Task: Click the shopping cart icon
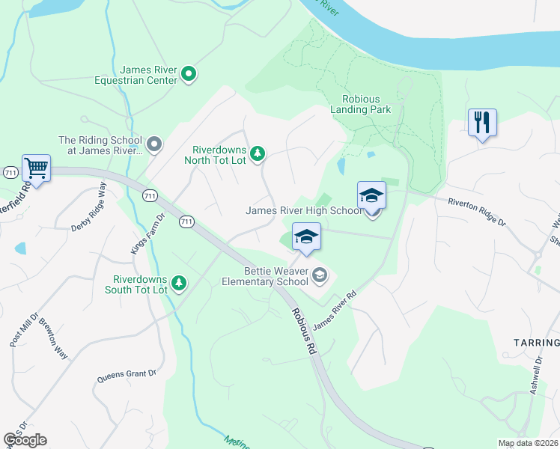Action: click(x=36, y=168)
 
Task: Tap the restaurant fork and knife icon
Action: click(x=482, y=122)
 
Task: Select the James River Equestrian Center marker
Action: click(x=189, y=73)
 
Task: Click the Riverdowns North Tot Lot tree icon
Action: click(x=258, y=153)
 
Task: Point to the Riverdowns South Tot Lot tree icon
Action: click(x=178, y=283)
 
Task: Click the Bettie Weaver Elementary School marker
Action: click(x=320, y=276)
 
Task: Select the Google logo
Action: click(x=25, y=440)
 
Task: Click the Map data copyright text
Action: click(x=528, y=443)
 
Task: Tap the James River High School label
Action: click(x=303, y=210)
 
